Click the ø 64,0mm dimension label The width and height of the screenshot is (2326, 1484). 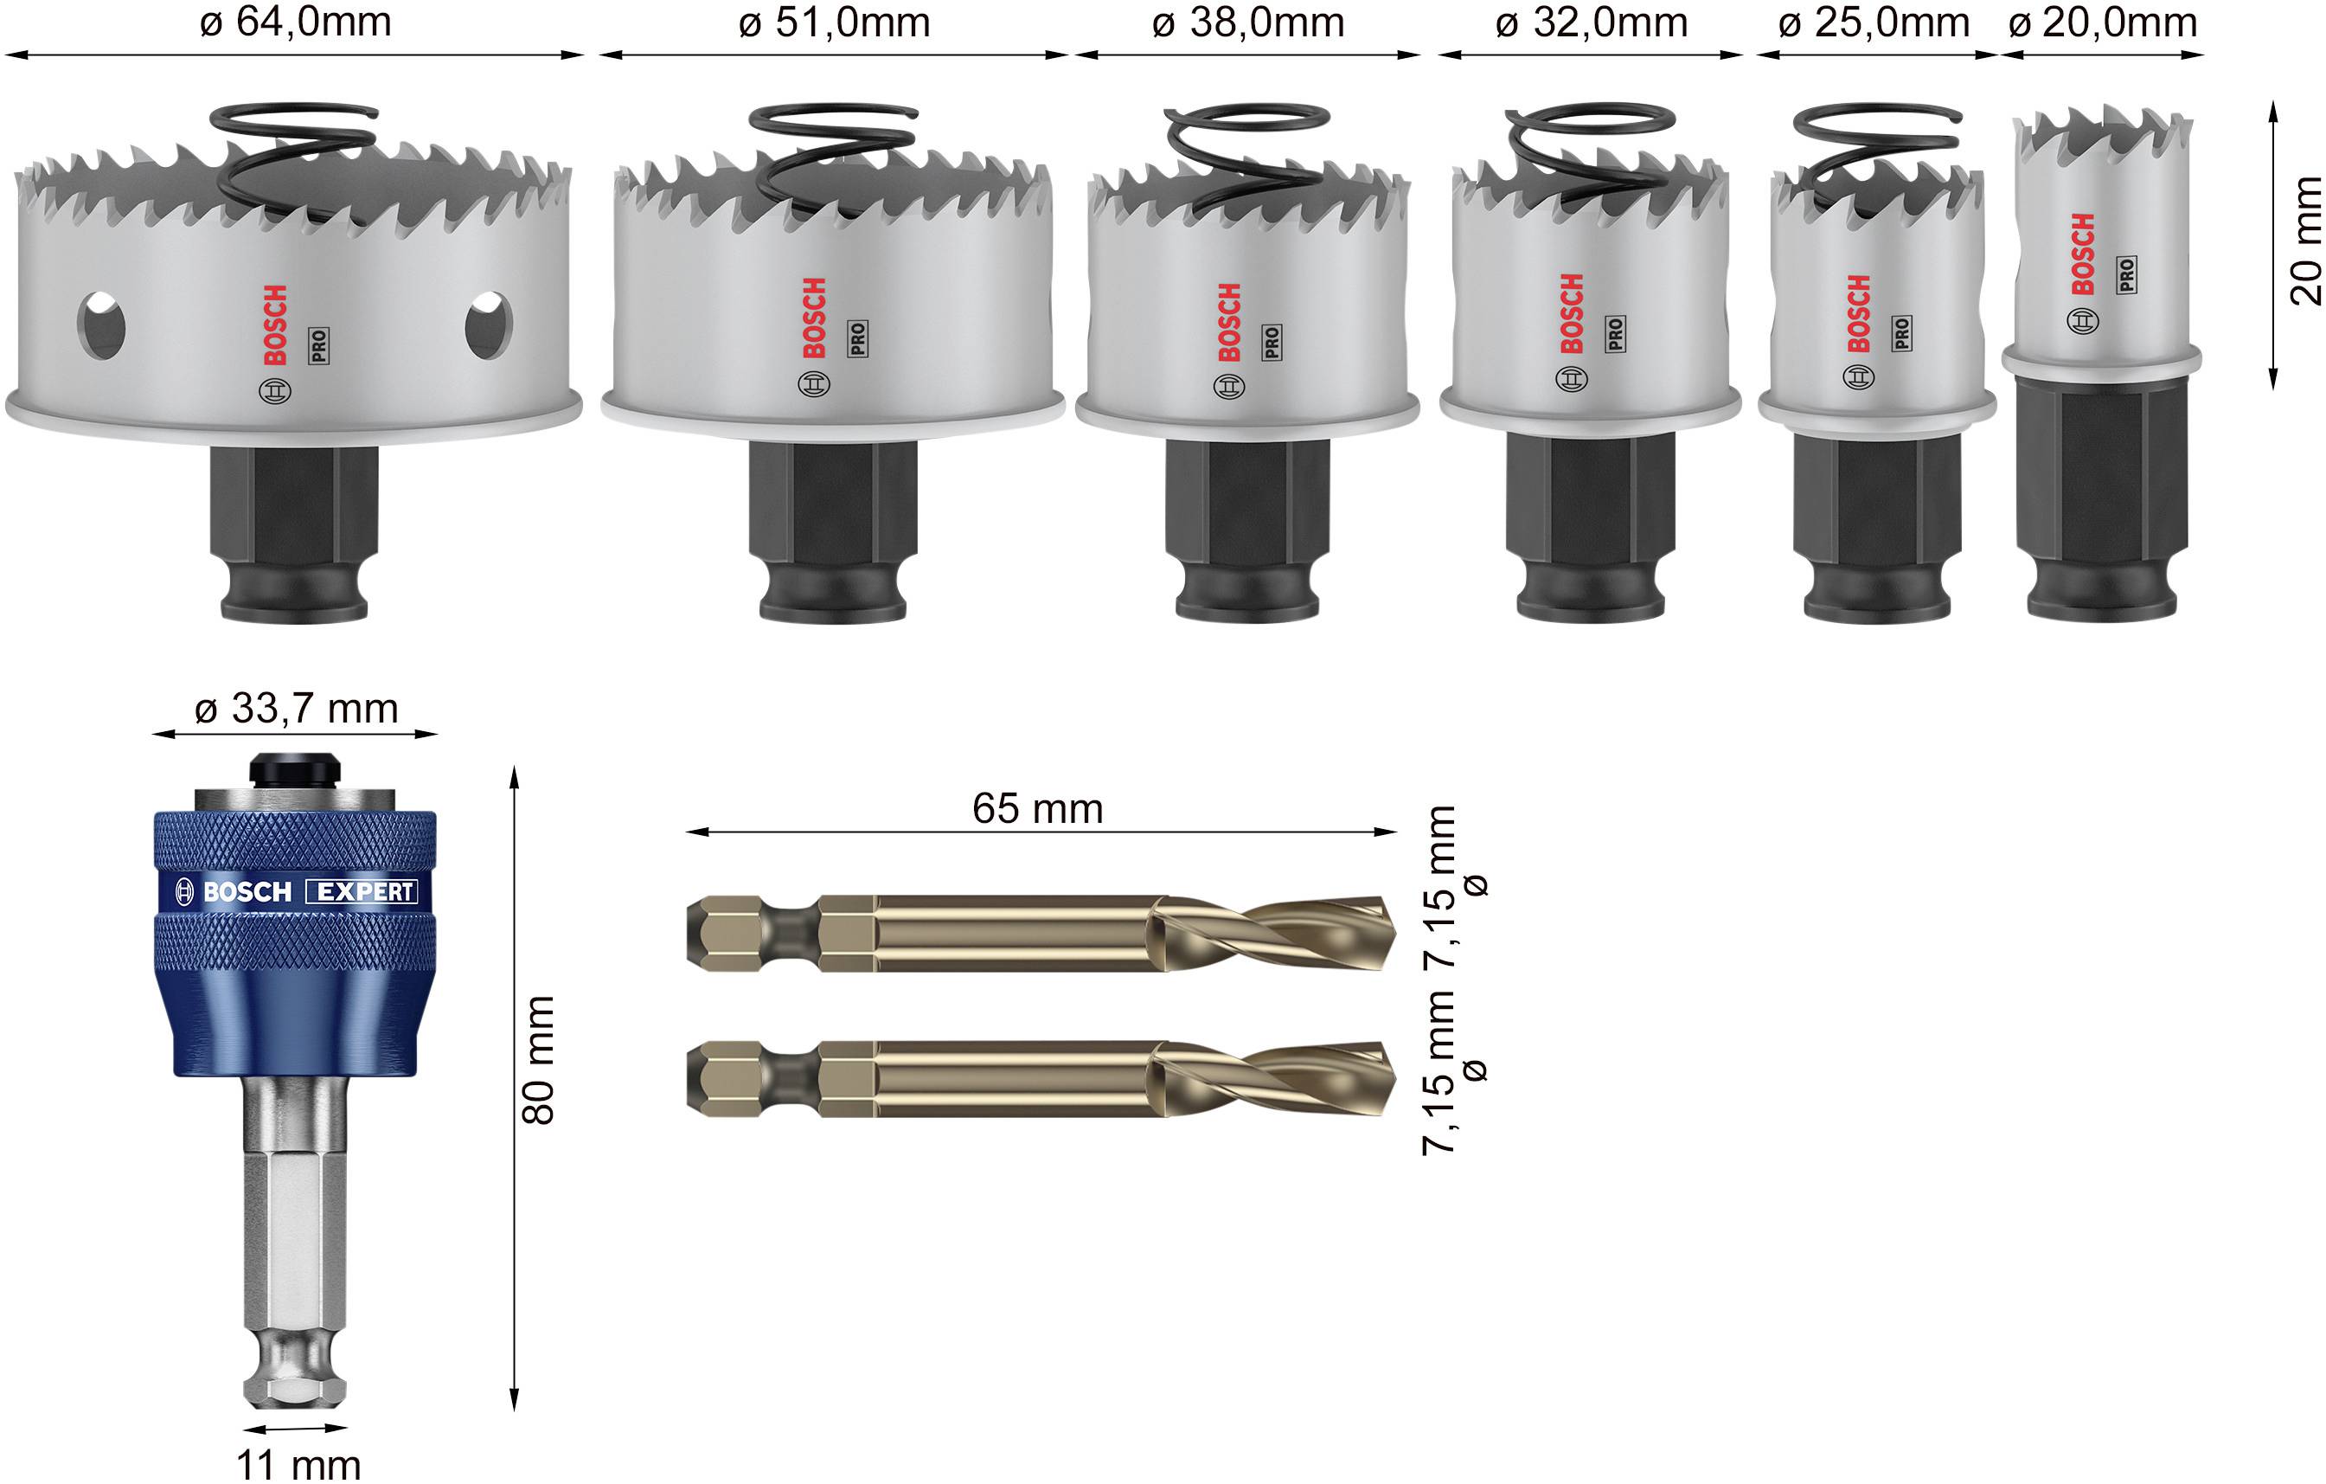296,23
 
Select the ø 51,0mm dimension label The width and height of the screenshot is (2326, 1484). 835,23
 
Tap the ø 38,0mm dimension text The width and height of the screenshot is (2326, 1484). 1248,23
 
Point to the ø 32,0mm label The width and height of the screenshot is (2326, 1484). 1591,23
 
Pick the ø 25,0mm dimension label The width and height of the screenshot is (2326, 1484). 1874,23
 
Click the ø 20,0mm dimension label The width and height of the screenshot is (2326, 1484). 2103,23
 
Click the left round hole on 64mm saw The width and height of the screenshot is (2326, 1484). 101,325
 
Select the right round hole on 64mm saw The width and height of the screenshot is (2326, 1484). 488,325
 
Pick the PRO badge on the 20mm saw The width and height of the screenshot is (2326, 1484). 2127,275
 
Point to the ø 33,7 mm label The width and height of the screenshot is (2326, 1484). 296,710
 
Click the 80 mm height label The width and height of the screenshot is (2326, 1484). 538,1060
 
